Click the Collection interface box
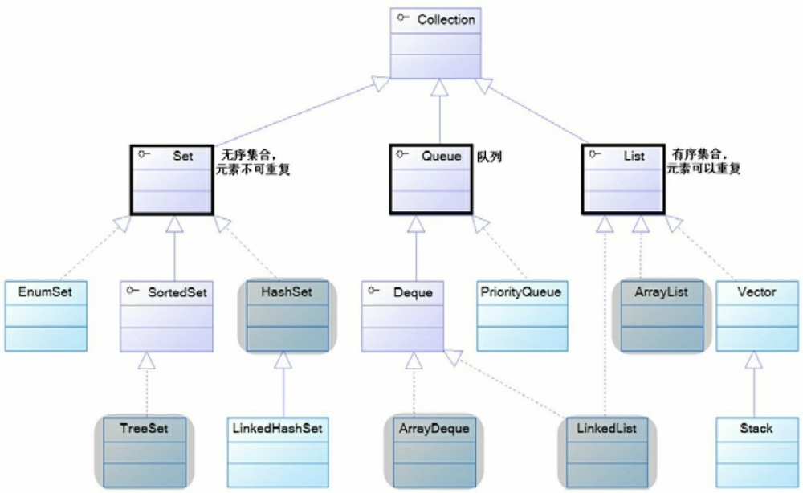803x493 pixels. click(435, 43)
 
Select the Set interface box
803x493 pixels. click(172, 180)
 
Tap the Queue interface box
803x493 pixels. click(430, 179)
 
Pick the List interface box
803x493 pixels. click(623, 179)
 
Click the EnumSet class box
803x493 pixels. click(46, 316)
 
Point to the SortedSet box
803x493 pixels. click(166, 316)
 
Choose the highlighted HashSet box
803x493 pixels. click(287, 316)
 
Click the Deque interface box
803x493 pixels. click(402, 316)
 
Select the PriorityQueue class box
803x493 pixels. click(523, 316)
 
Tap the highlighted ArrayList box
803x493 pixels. click(662, 316)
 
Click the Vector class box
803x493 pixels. click(757, 316)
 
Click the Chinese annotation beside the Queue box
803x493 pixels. click(489, 157)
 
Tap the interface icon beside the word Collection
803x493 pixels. click(403, 18)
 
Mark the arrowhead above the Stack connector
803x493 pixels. click(753, 361)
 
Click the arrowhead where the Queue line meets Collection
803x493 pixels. click(439, 88)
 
